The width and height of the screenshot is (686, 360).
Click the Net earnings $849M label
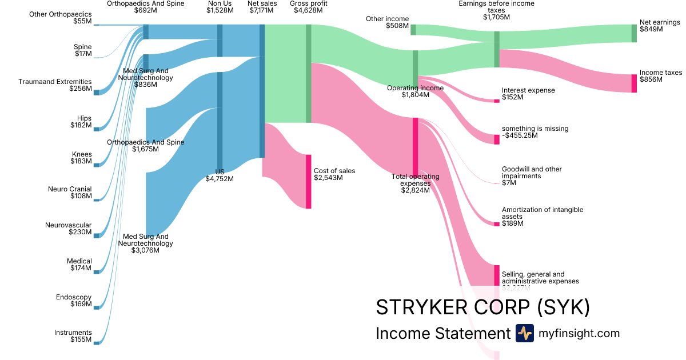pos(660,26)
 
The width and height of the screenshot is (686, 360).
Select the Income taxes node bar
pos(634,83)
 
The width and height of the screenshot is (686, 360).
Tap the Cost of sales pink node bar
pos(309,181)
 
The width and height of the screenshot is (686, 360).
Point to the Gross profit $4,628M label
pos(309,7)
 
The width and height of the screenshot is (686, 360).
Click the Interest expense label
pos(528,94)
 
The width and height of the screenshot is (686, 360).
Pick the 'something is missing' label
pos(535,132)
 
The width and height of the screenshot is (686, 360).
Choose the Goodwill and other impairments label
pos(532,176)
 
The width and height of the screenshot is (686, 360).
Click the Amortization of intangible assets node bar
pos(497,224)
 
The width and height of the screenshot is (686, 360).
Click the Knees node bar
pos(96,165)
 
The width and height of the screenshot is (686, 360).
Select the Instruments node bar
pos(96,343)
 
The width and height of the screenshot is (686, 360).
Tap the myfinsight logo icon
pos(524,333)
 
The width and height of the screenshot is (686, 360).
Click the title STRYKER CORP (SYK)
pos(482,307)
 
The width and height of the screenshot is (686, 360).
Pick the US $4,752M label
pos(220,175)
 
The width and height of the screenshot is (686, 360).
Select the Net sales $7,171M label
pos(262,7)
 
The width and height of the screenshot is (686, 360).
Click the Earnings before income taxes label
pos(496,10)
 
